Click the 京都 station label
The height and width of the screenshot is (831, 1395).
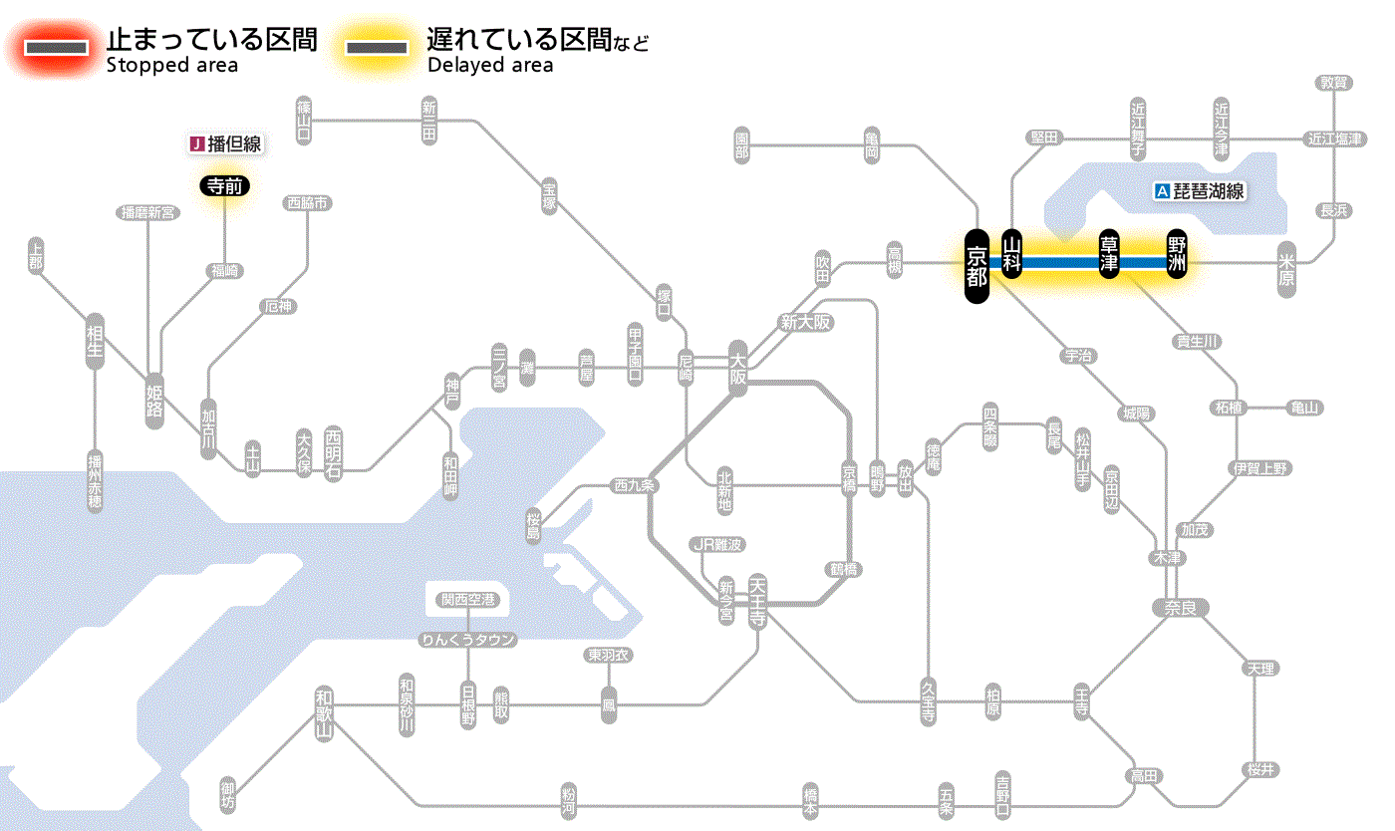tap(976, 265)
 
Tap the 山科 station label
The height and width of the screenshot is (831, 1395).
tap(1012, 253)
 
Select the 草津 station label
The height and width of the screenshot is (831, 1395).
tap(1108, 253)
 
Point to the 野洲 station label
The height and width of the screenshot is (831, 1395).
tap(1178, 253)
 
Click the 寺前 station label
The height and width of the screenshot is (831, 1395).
tap(225, 184)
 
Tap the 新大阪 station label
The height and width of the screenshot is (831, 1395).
tap(805, 322)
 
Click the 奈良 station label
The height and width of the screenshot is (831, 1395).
tap(1179, 607)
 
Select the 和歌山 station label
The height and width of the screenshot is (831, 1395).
tap(323, 713)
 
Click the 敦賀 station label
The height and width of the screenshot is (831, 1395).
tap(1333, 83)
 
